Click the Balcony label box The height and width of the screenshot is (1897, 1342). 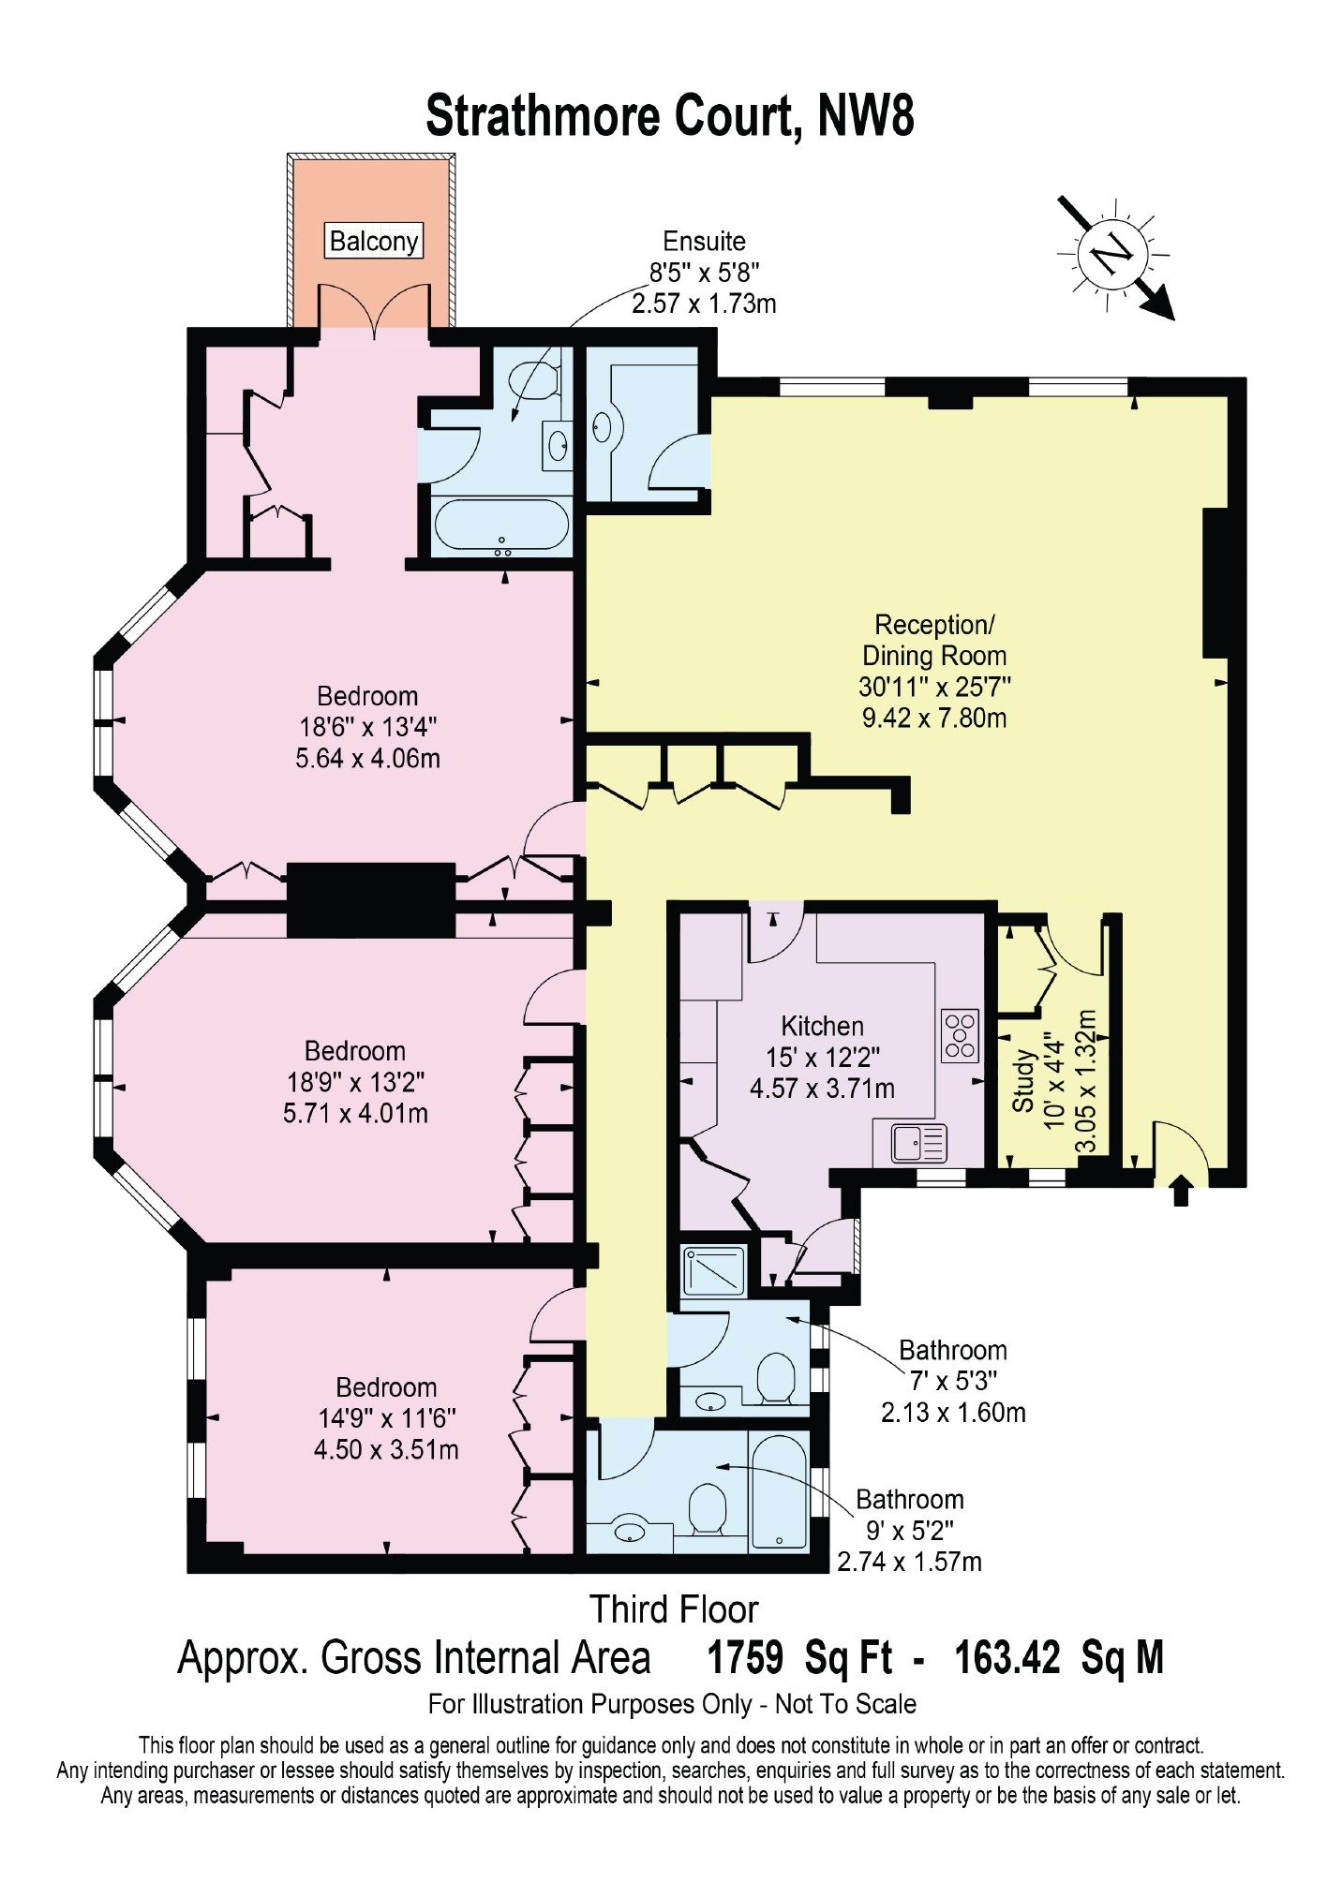[x=374, y=241]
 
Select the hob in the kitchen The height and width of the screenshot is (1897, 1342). [x=960, y=1034]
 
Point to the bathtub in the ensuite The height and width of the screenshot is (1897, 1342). [x=500, y=526]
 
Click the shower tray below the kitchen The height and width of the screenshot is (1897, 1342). [x=713, y=1270]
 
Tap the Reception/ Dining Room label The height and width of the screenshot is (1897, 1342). [x=934, y=640]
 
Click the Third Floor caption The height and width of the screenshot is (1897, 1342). [x=674, y=1609]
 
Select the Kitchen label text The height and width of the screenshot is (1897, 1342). [x=823, y=1026]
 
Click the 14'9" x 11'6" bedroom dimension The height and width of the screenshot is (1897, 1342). [x=387, y=1418]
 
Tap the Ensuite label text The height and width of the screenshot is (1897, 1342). [x=704, y=241]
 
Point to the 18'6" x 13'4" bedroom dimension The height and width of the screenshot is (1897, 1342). [x=368, y=727]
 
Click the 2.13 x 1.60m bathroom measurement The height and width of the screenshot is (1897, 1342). [x=953, y=1412]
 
